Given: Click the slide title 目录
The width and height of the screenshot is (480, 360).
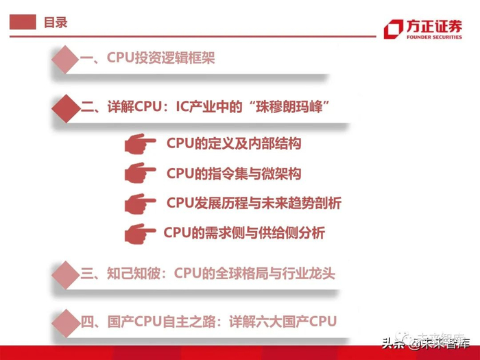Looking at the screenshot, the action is (55, 23).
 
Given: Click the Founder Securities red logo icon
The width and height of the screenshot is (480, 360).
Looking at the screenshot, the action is (394, 29).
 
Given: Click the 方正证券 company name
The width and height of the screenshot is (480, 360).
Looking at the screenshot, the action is (437, 26).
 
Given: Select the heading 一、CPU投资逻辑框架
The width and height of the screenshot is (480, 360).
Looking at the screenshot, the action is (147, 58).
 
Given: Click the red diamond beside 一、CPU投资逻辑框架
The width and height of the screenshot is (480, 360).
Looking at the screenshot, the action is (66, 59).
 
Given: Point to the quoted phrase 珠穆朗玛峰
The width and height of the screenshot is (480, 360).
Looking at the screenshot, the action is (291, 108).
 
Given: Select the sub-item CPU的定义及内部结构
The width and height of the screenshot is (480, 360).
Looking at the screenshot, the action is (234, 144).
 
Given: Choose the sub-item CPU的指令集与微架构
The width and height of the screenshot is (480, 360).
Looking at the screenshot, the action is (234, 173).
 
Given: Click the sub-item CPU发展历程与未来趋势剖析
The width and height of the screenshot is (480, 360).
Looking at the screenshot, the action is (254, 204).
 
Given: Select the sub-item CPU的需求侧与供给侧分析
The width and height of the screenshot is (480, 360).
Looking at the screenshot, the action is (244, 233).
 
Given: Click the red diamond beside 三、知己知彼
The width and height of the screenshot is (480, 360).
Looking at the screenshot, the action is (66, 274).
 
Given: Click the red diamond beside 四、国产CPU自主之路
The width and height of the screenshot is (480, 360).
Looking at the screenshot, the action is (66, 321).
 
